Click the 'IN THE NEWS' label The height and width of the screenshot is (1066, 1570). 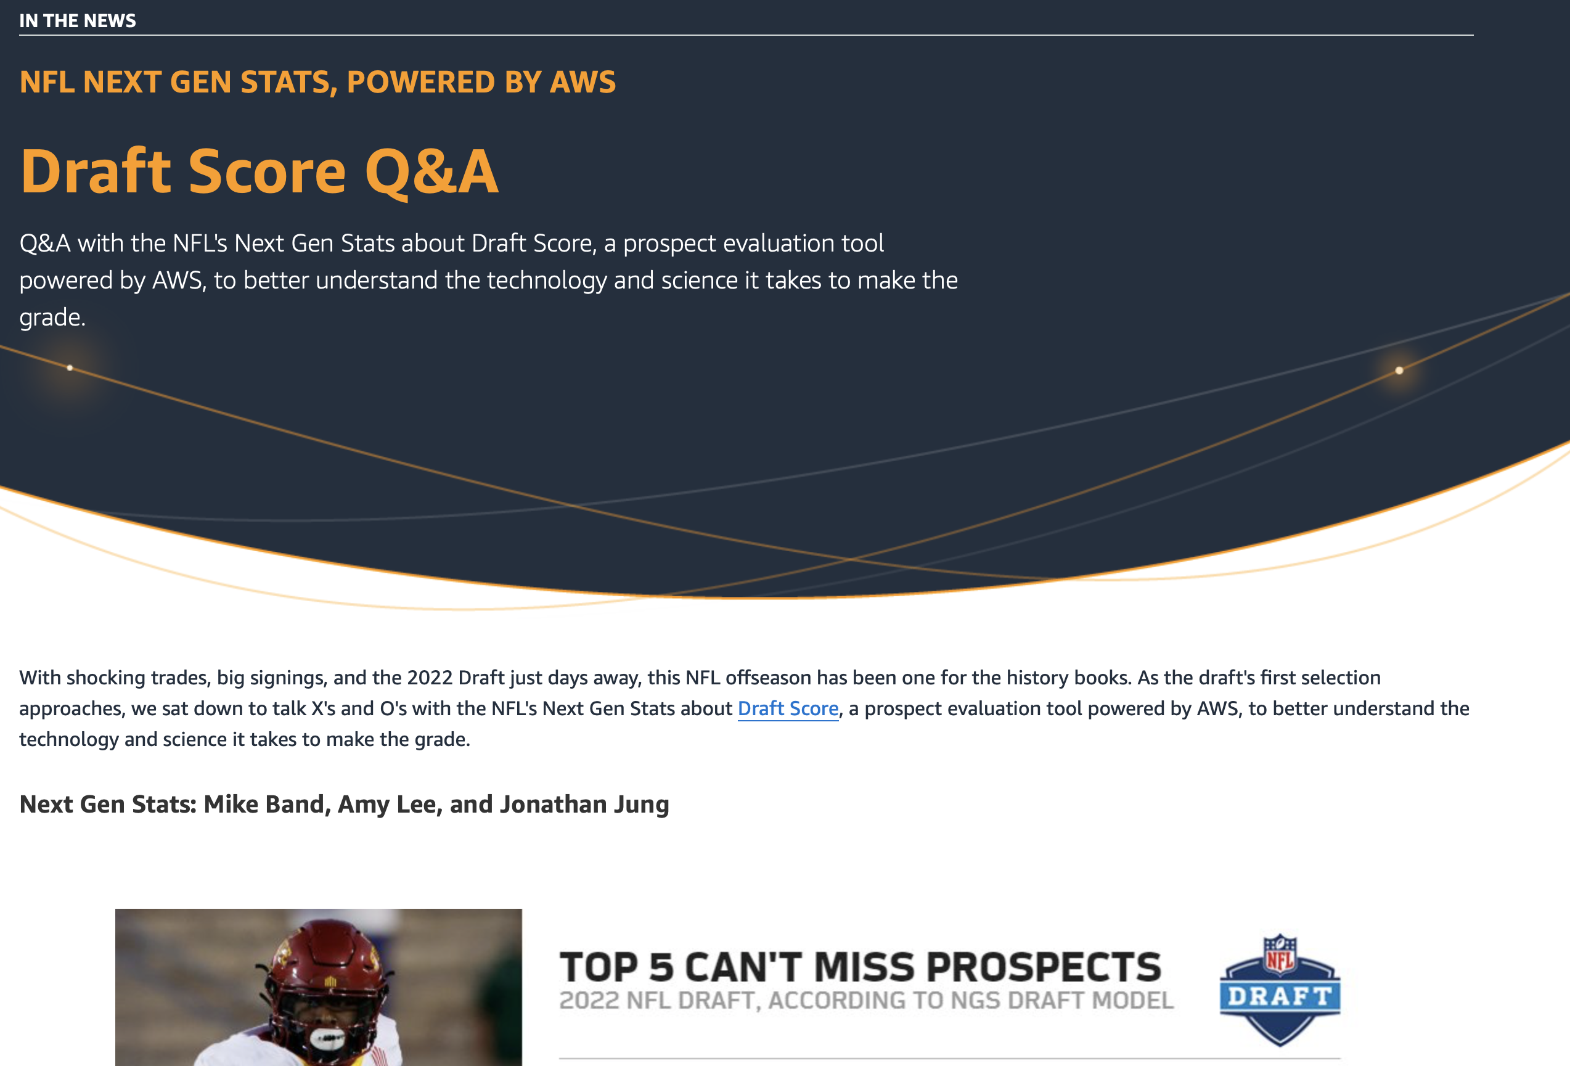pos(78,21)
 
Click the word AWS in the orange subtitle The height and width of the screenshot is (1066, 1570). pos(583,83)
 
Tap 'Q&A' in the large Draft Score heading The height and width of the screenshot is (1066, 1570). pos(431,171)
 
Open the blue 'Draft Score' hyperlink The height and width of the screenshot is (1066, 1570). pos(788,708)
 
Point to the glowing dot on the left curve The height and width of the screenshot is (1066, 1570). pos(70,368)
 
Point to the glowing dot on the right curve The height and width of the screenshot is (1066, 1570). pos(1399,370)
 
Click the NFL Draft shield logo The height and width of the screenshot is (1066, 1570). pos(1280,990)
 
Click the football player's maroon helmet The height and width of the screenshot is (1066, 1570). pos(329,966)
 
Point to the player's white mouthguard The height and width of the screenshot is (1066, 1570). pos(327,1037)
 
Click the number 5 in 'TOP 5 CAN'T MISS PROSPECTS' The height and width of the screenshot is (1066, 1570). pos(661,967)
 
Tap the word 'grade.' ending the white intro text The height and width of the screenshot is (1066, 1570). pos(52,318)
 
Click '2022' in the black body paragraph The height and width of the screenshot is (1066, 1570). pos(430,677)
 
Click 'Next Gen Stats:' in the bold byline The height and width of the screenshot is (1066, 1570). pos(107,804)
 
